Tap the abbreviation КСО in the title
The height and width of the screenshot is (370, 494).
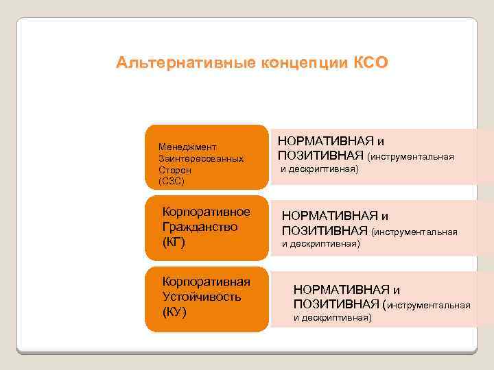tap(371, 64)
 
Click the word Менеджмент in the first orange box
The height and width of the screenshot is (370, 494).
tap(187, 147)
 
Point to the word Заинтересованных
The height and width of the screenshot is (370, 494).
tap(200, 158)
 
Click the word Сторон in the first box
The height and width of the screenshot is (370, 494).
tap(174, 170)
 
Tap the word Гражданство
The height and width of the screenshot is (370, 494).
tap(200, 227)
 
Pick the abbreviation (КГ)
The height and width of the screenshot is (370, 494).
tap(174, 243)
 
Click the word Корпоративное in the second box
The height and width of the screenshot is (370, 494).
tap(206, 211)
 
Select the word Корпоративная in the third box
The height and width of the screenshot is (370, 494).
tap(206, 281)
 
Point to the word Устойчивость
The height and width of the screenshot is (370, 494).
tap(202, 296)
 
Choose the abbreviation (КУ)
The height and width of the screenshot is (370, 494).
tap(174, 312)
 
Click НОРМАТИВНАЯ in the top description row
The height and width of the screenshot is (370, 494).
tap(320, 142)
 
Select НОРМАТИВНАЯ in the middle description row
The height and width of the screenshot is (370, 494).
tap(325, 217)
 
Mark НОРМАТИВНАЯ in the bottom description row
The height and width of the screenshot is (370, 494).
tap(337, 290)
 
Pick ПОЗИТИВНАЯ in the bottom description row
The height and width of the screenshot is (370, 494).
tap(336, 304)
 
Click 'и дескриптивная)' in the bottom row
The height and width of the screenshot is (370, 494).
tap(333, 318)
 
